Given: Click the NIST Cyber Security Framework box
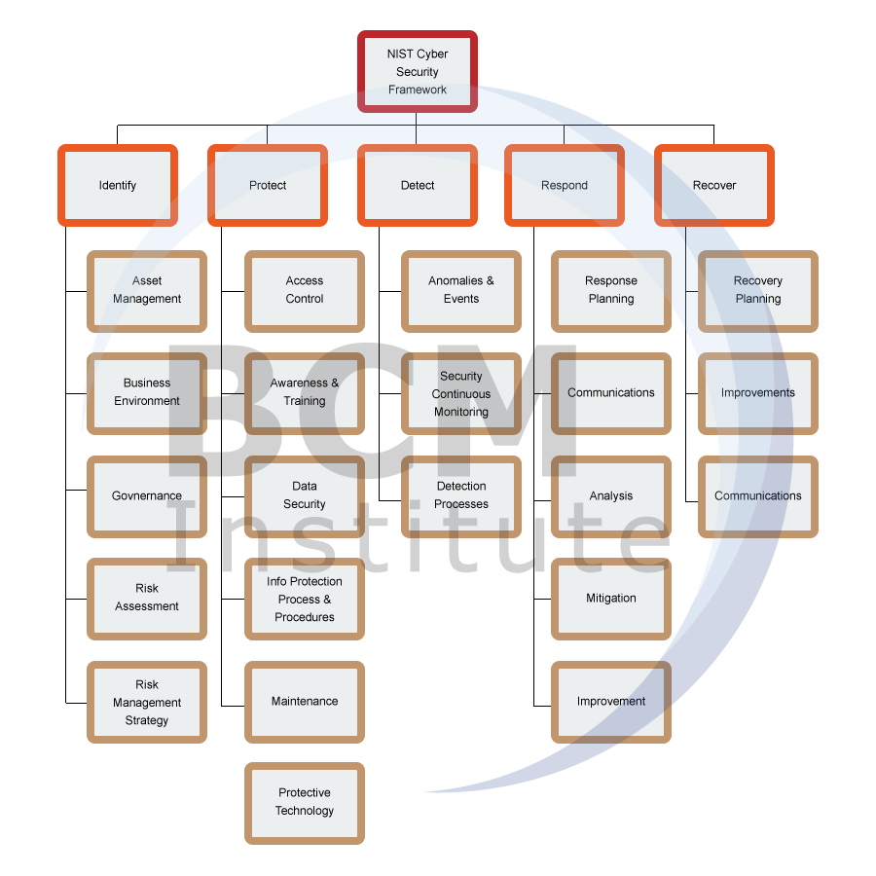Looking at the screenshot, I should (417, 72).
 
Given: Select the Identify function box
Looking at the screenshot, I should (118, 185).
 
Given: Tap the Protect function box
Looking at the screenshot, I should (268, 185).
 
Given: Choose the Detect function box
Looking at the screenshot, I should (418, 185).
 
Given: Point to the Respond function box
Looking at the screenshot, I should (565, 185).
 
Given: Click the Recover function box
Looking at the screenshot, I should (714, 185).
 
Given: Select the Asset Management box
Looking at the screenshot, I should (147, 290).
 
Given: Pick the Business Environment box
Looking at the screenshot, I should (147, 392).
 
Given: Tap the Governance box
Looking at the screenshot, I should (147, 495).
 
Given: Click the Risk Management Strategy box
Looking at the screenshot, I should (147, 702).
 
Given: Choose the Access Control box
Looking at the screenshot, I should (305, 290).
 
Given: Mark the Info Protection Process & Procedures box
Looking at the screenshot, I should (305, 599).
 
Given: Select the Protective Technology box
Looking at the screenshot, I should (305, 802).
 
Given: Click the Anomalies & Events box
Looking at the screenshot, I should (461, 290).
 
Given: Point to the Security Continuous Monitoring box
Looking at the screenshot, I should (461, 393).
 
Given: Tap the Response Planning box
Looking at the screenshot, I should (611, 290).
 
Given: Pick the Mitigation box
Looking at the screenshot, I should (611, 599).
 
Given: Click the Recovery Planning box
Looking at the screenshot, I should (758, 290).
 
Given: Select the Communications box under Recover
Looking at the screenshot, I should (758, 495).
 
